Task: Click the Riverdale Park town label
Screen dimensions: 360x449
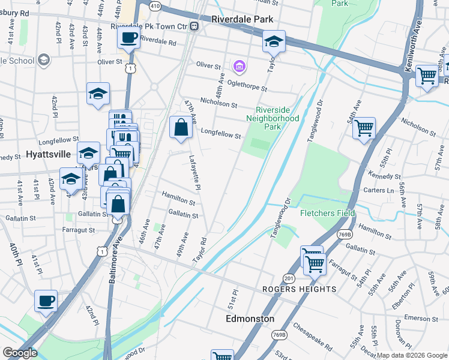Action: pos(242,19)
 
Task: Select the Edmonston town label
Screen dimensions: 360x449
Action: pos(250,319)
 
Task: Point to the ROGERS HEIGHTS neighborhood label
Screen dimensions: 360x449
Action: pos(300,289)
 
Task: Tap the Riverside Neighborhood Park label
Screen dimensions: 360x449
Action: pos(277,114)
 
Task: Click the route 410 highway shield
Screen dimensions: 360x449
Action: pos(155,5)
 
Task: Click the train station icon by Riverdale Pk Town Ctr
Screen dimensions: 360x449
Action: pos(194,26)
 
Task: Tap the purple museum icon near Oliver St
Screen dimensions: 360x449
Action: pos(239,65)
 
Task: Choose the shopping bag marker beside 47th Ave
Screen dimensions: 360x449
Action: pos(182,127)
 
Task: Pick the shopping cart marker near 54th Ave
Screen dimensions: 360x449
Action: pos(364,128)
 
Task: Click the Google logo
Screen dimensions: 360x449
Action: pos(20,353)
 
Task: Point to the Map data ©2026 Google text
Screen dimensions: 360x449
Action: pos(412,355)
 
